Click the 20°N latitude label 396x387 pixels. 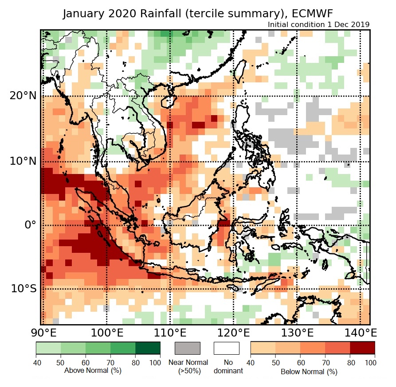click(x=23, y=96)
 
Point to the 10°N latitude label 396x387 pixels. click(x=23, y=161)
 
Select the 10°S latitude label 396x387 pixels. click(x=24, y=289)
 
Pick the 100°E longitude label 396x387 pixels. click(x=106, y=333)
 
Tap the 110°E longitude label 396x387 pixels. click(x=170, y=333)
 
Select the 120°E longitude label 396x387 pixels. click(x=233, y=333)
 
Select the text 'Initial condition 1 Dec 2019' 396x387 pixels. click(x=319, y=24)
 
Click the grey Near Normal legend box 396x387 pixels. click(x=188, y=348)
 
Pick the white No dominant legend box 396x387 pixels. click(x=226, y=348)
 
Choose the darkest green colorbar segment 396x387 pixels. click(x=148, y=348)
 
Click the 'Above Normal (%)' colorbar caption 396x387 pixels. click(x=86, y=370)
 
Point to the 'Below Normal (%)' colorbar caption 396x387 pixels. click(x=309, y=372)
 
